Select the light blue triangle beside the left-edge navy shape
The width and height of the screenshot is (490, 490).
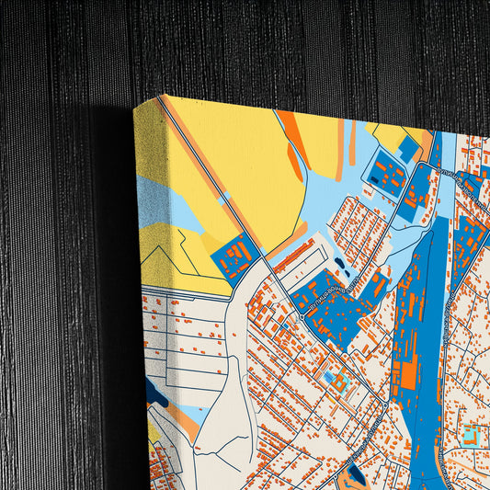click(x=188, y=414)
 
